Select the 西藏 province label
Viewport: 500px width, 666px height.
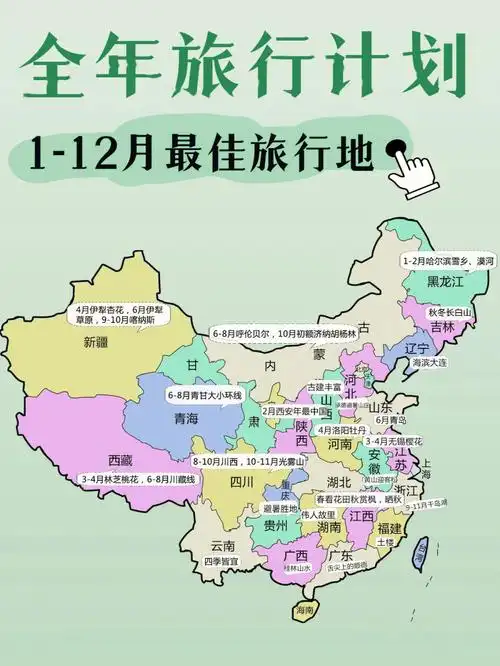click(121, 460)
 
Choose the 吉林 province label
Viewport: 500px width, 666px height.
click(442, 327)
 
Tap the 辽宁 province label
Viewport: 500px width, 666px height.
click(418, 347)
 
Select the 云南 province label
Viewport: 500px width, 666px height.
click(222, 545)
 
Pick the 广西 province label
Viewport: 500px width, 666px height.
click(295, 554)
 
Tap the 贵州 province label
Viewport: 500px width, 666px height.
click(276, 524)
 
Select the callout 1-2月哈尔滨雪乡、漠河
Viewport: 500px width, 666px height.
click(448, 260)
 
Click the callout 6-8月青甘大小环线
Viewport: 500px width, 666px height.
click(206, 396)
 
